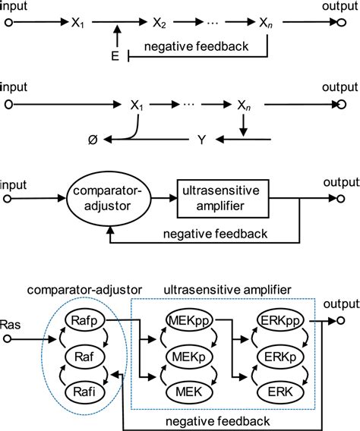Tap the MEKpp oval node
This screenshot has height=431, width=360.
[185, 322]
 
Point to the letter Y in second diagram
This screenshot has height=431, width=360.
[202, 139]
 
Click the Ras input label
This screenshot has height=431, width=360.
[11, 310]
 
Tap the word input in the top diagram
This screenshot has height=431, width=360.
[14, 7]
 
